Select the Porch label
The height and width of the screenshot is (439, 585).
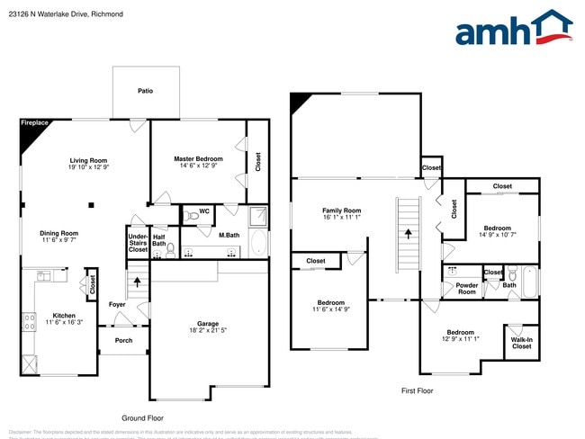coord(122,340)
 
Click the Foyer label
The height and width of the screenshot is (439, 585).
coord(118,304)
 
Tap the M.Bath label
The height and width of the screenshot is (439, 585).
coord(229,236)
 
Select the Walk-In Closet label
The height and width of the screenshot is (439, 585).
coord(521,343)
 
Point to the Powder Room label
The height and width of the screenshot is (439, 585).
coord(466,289)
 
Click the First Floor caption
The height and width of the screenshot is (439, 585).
coord(417,391)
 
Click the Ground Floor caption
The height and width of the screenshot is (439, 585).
coord(142,418)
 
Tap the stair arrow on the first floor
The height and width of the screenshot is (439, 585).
coord(408,232)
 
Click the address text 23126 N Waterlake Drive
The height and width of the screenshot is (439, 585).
coord(58,14)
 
